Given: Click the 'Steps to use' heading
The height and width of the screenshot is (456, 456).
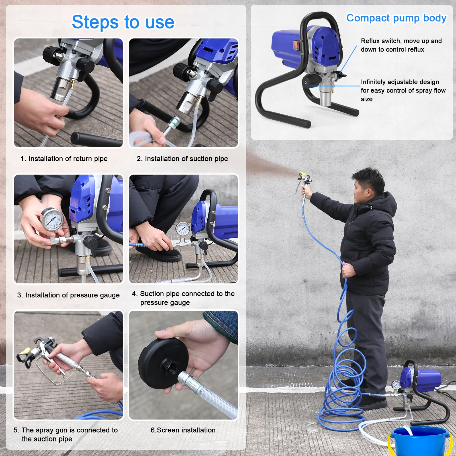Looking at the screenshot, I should click(123, 22).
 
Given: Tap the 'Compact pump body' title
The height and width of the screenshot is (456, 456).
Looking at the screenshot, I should click(396, 18).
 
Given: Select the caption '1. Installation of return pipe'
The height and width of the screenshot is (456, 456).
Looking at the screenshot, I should click(64, 159).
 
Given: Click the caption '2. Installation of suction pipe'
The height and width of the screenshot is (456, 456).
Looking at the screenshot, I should click(182, 159).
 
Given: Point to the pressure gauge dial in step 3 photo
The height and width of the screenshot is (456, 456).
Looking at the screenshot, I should click(52, 220).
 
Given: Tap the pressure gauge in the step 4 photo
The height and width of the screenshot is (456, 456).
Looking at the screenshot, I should click(183, 229).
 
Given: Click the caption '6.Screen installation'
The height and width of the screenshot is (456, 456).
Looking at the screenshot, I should click(183, 430).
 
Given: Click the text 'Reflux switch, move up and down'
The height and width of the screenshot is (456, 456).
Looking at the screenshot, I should click(401, 45).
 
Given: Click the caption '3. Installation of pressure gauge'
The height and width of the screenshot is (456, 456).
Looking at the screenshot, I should click(68, 295).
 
